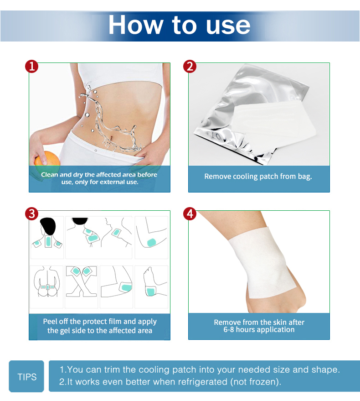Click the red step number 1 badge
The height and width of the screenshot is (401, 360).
coord(32,67)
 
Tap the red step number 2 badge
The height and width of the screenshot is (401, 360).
coord(190,67)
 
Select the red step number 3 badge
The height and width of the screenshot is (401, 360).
coord(32,214)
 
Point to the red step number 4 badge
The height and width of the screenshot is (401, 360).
coord(190,214)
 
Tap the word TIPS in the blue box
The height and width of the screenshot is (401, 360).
coord(27,377)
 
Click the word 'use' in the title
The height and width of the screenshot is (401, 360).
coord(228,25)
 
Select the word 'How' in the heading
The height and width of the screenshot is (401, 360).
coord(136,25)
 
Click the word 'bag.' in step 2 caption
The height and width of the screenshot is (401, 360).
coord(305,177)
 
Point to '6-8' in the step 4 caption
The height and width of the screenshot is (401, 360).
coord(229,329)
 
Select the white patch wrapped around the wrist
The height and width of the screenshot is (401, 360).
coord(262,262)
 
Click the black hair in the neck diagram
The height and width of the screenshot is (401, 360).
coord(48,226)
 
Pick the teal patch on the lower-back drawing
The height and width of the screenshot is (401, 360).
coord(47,287)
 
